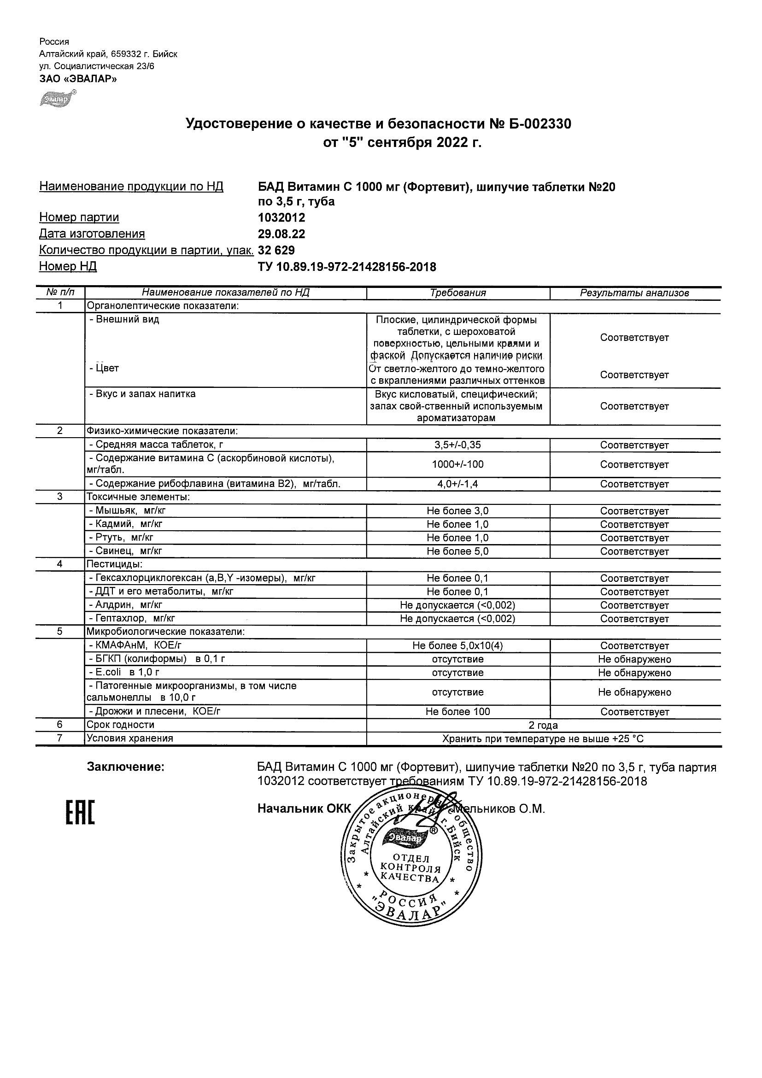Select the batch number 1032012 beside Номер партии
[281, 218]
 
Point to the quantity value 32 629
[276, 250]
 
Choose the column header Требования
[458, 293]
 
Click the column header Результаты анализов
[634, 293]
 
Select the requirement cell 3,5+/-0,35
[458, 445]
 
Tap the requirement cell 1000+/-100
[458, 464]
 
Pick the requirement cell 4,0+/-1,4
[458, 484]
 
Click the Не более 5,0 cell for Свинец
[458, 551]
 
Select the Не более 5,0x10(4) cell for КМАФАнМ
[458, 646]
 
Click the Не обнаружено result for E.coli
[634, 673]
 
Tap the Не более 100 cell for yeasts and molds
[458, 712]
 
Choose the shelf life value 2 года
[543, 726]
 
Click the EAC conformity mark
[80, 813]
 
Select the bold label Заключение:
[126, 767]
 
